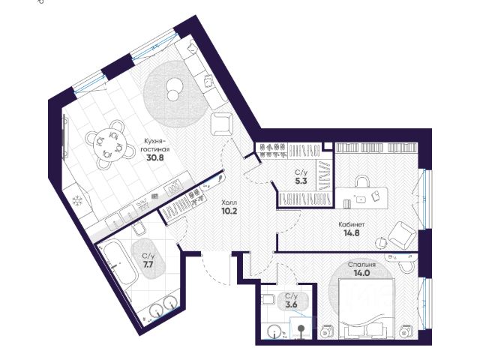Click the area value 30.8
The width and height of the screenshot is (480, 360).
155,157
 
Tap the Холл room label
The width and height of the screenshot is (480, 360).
229,202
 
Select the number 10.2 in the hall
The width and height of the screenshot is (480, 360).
229,211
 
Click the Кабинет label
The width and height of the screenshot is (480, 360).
352,225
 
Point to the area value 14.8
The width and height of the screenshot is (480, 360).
352,233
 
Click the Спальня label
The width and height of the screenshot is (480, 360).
361,265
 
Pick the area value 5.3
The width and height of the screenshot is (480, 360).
301,181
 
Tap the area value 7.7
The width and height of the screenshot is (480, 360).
148,265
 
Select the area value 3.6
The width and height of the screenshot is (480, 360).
291,304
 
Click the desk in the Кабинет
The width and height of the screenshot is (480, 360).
361,198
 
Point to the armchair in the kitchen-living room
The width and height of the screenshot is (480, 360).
222,124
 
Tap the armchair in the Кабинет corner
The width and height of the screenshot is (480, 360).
402,234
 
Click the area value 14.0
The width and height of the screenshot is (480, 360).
361,273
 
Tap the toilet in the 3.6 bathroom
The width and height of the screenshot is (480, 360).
268,299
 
